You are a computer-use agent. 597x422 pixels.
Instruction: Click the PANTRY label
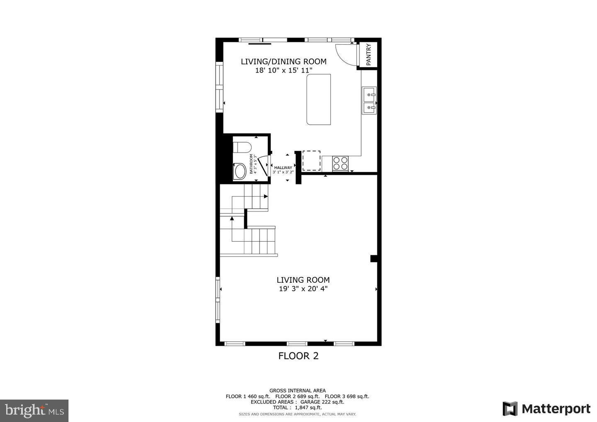tap(369, 54)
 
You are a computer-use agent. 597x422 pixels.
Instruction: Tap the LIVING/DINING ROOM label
tap(284, 62)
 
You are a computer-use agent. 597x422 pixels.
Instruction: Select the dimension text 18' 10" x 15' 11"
tap(284, 70)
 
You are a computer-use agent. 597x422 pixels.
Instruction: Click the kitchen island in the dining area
tap(319, 99)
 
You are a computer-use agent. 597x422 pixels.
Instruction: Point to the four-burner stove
tap(340, 163)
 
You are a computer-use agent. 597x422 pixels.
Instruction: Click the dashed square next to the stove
tap(311, 161)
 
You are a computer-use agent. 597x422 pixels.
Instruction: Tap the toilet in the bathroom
tap(242, 148)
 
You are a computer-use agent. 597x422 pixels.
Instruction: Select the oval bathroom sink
tap(240, 171)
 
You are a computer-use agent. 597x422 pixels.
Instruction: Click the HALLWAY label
tap(283, 167)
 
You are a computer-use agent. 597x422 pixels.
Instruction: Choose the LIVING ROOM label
tap(303, 280)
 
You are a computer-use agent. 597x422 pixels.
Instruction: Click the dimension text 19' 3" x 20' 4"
tap(303, 289)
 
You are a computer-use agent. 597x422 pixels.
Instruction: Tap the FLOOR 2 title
tap(298, 356)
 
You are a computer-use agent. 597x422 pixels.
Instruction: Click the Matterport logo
tap(546, 409)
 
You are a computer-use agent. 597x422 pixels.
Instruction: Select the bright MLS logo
tap(34, 410)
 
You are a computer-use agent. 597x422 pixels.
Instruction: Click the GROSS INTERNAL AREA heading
tap(297, 390)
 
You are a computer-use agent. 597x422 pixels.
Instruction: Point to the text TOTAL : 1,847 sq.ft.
tap(297, 407)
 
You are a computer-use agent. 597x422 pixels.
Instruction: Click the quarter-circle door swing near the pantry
tap(344, 53)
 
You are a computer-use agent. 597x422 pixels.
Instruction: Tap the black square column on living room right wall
tap(374, 259)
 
